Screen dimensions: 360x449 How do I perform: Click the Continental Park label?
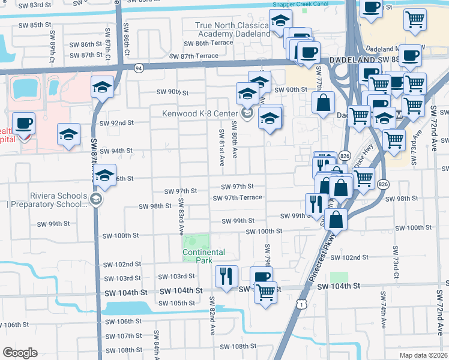coord(205,256)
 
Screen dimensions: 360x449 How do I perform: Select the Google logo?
coord(20,353)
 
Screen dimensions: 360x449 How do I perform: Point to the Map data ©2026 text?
coord(423,355)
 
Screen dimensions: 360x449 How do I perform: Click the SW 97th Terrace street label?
coord(238,197)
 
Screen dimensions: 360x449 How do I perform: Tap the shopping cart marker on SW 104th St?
coord(265,293)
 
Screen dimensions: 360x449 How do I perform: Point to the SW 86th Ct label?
coord(126,37)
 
